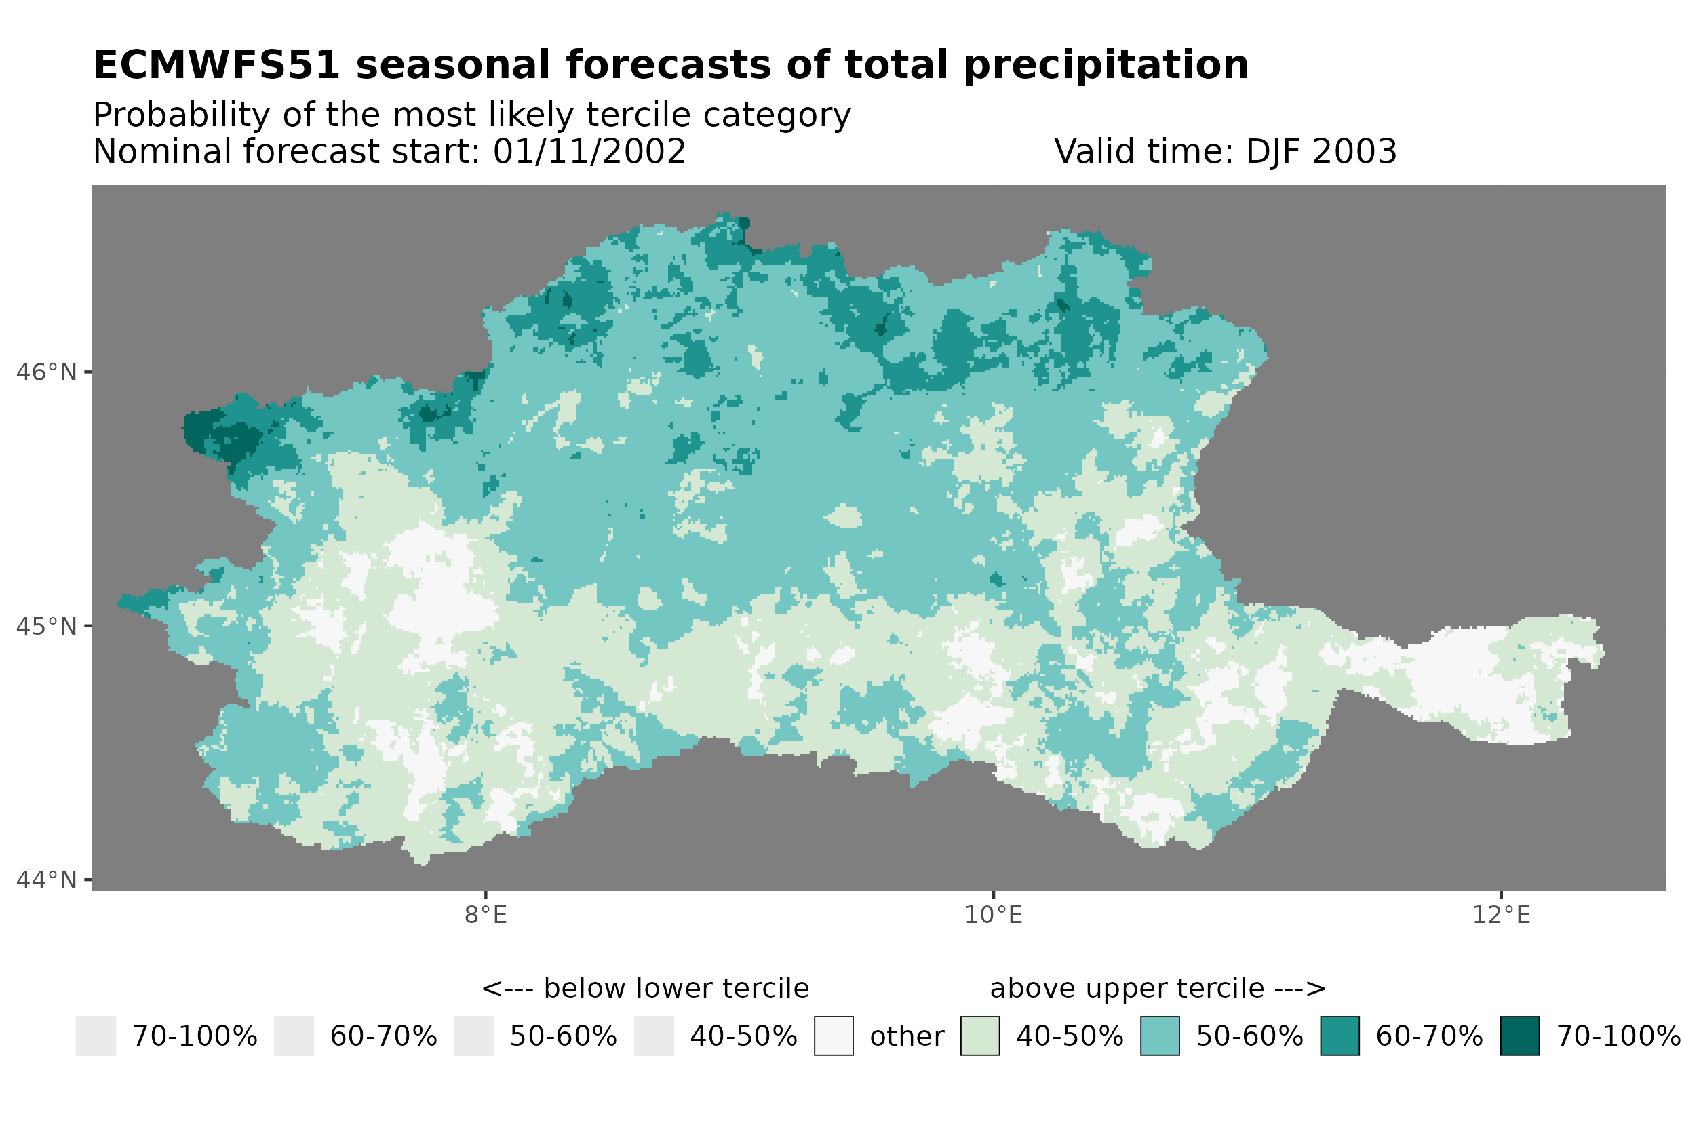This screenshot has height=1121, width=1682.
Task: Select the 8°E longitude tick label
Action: (486, 915)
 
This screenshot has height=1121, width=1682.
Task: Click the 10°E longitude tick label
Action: (993, 915)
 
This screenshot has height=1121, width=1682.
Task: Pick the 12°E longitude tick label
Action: (1501, 915)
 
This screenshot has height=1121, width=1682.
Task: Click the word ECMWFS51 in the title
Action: (216, 66)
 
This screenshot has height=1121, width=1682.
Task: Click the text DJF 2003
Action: (1321, 151)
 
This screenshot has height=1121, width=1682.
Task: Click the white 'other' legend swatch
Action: (834, 1036)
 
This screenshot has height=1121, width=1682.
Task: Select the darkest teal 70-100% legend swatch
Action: (1520, 1036)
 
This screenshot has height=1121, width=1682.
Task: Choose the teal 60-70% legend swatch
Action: (1339, 1036)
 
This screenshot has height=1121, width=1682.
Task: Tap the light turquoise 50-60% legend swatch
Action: (1160, 1036)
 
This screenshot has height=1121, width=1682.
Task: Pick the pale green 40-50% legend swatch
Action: (980, 1036)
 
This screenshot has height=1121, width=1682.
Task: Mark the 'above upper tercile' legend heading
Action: (1157, 989)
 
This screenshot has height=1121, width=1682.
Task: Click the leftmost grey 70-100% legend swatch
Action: (96, 1036)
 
